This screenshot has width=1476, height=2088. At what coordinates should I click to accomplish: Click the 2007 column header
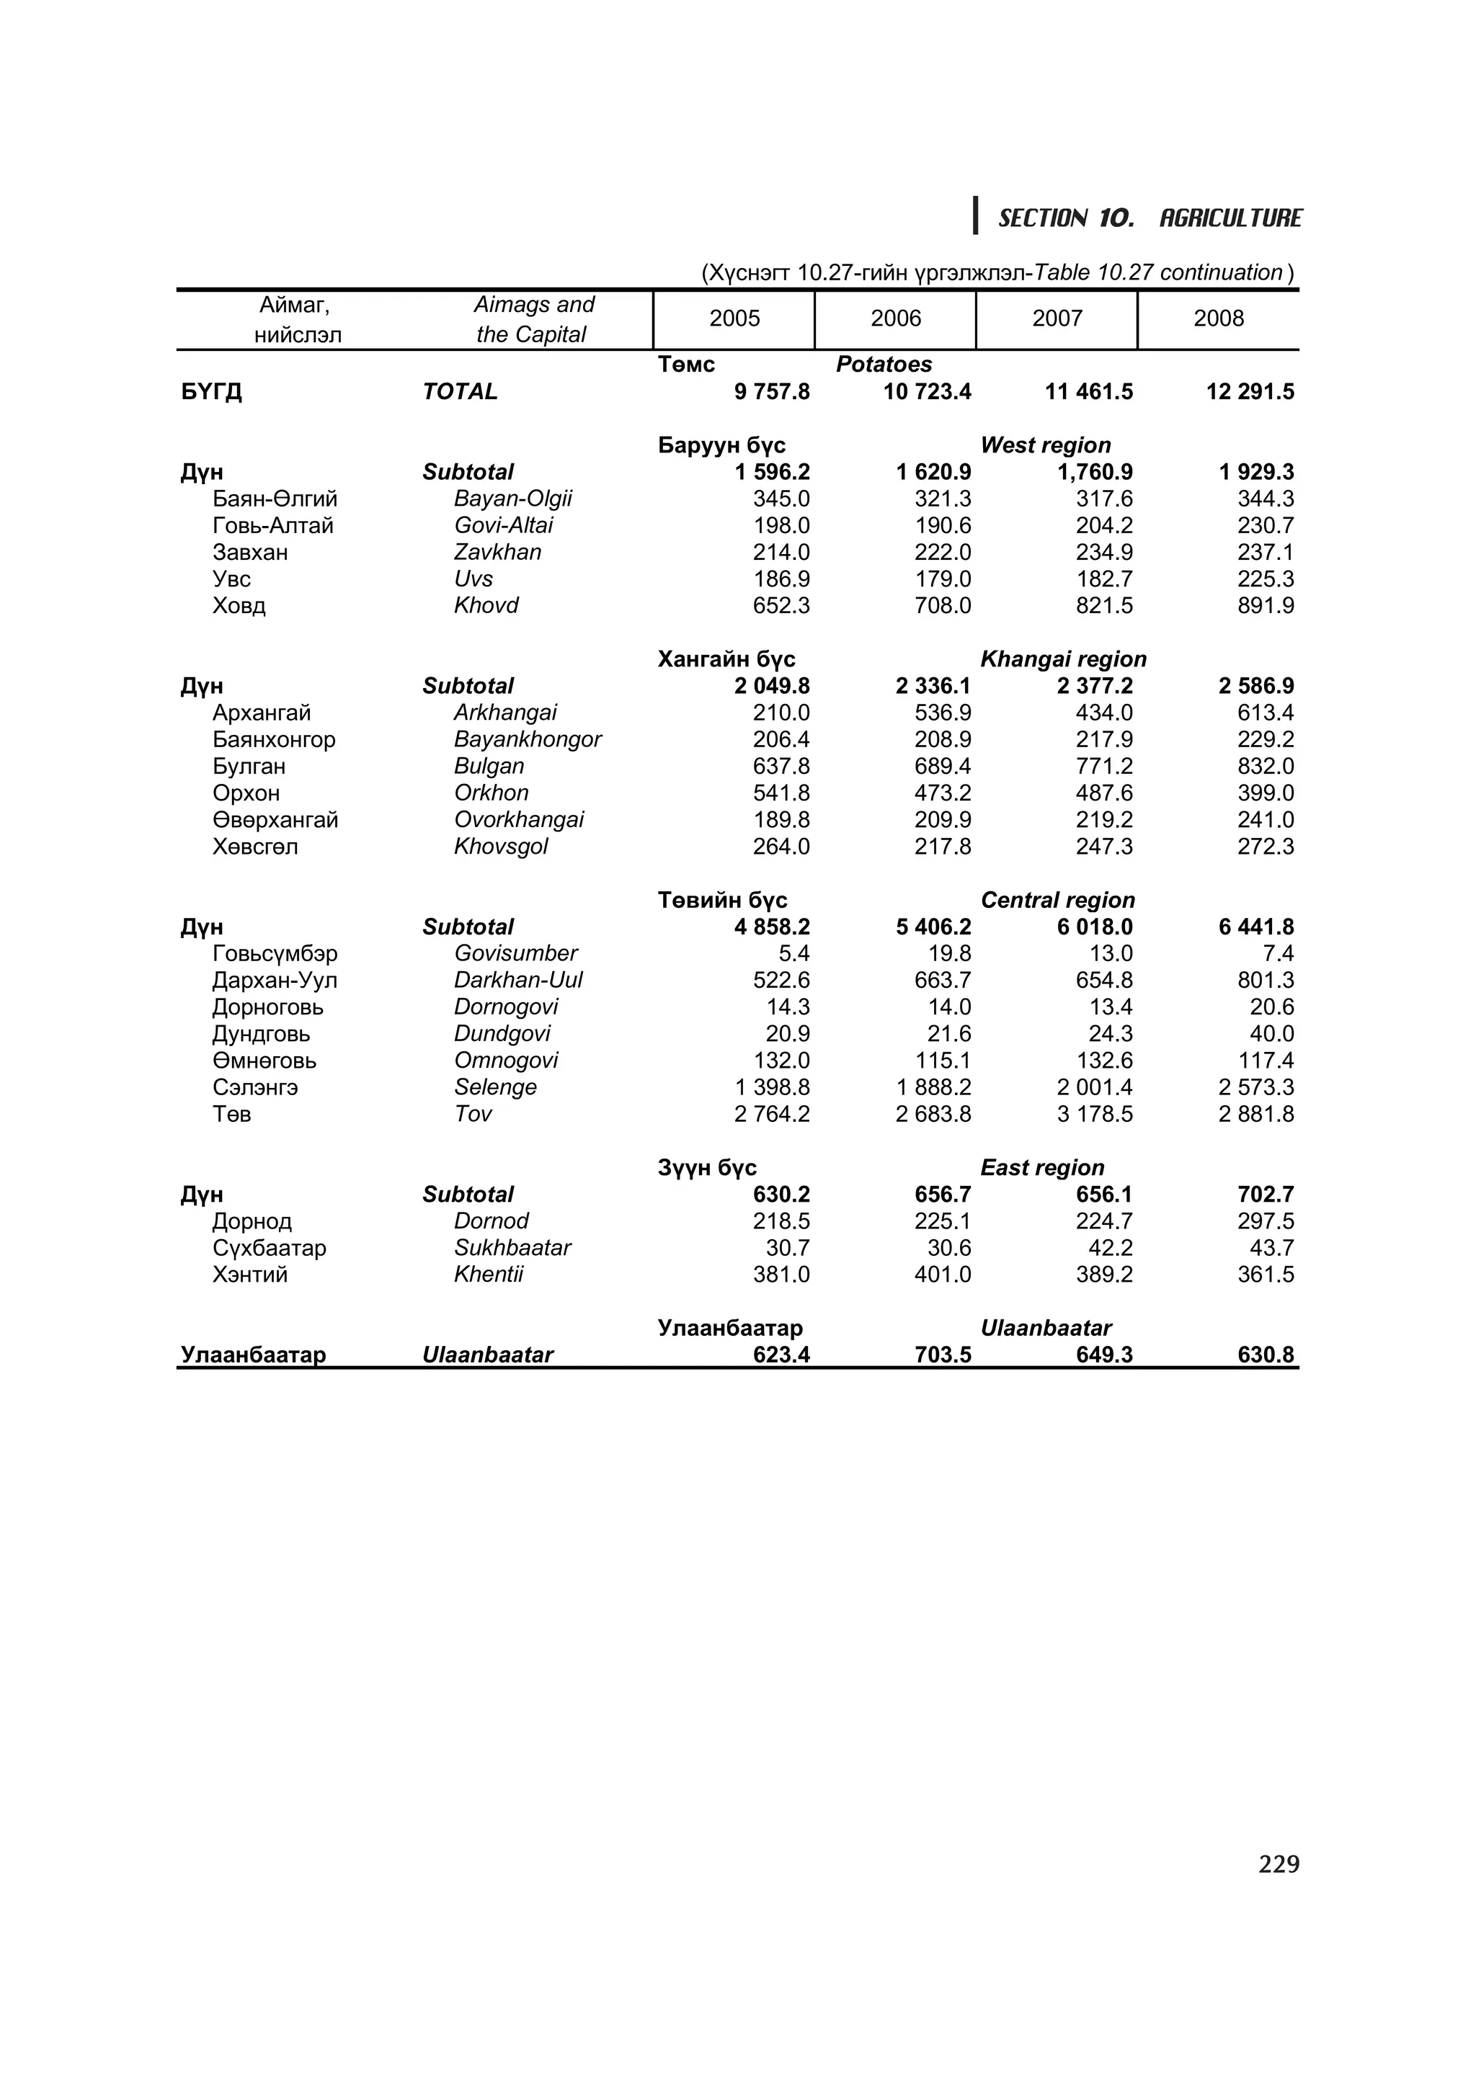pos(1056,318)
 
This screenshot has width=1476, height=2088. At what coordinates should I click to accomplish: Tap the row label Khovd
pos(486,606)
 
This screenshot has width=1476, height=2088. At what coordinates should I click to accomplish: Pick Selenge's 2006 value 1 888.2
pos(933,1088)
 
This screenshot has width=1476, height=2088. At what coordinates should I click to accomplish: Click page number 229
pos(1279,1865)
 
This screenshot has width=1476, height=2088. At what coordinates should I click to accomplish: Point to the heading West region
pos(1045,445)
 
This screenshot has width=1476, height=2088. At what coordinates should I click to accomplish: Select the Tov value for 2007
pos(1094,1114)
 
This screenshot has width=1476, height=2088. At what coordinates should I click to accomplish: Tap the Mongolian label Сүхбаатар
pos(270,1248)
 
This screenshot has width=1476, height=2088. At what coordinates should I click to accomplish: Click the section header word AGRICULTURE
pos(1230,218)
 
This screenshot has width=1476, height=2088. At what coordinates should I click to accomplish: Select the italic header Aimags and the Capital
pos(533,319)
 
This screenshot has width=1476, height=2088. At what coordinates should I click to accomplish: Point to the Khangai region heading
pos(1062,659)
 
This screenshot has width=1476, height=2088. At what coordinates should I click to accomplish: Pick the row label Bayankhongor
pos(527,739)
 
